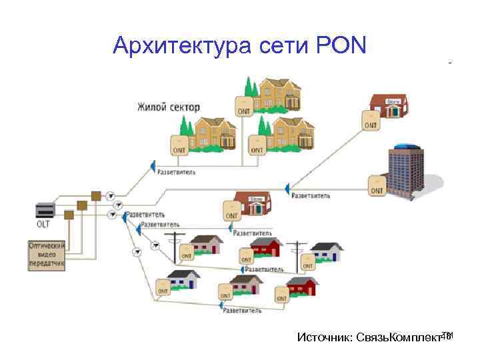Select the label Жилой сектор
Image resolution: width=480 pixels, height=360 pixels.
(x=168, y=107)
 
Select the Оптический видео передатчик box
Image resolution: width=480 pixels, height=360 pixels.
(x=47, y=254)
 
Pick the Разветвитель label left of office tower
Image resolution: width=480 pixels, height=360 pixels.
(x=311, y=195)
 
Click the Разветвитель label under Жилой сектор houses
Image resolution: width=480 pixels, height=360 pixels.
(x=176, y=171)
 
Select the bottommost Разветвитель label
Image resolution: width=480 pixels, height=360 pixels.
(x=241, y=311)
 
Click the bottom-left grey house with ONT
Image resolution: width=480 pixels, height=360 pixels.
(x=183, y=280)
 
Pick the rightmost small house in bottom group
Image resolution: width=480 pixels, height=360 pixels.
(x=327, y=252)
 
